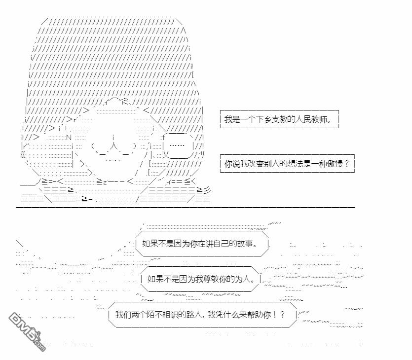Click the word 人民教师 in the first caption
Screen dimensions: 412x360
310,119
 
